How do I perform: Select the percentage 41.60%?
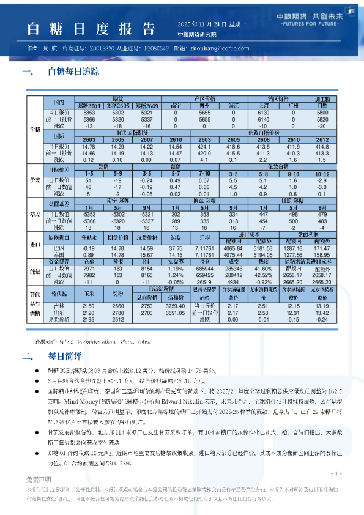(x=264, y=251)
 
